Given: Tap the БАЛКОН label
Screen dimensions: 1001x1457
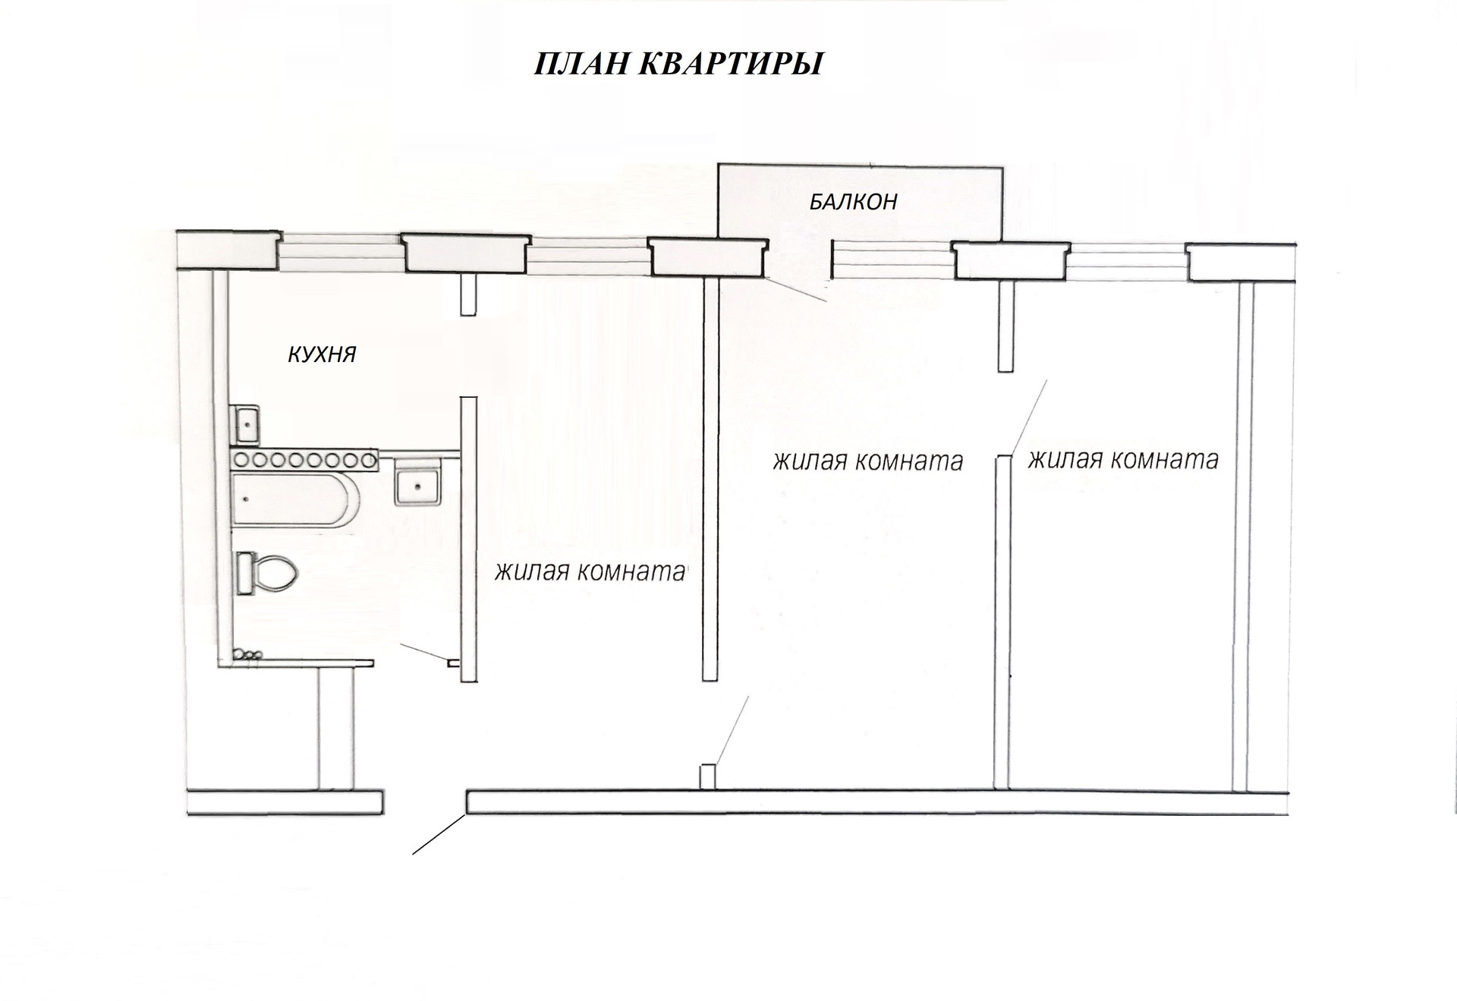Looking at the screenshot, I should (x=853, y=202).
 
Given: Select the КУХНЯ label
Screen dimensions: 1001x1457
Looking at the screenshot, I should (x=322, y=354).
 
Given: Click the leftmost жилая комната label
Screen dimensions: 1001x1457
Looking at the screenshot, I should (x=590, y=571).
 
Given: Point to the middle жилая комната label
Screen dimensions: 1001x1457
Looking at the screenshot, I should (x=867, y=461).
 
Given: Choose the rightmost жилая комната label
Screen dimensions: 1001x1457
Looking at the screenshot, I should (x=1122, y=459).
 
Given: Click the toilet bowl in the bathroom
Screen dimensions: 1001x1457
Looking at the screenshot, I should (x=273, y=573).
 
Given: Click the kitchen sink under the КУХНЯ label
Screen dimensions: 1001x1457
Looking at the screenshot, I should (x=246, y=424).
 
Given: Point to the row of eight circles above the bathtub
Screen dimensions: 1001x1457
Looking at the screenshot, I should (x=304, y=459).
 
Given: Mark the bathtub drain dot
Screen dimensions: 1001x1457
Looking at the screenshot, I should (x=245, y=499).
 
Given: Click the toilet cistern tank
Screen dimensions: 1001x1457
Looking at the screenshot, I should (x=244, y=573).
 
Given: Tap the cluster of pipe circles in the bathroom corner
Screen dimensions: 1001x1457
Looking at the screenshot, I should (x=247, y=653).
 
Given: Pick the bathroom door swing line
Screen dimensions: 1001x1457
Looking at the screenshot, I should (x=425, y=653).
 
